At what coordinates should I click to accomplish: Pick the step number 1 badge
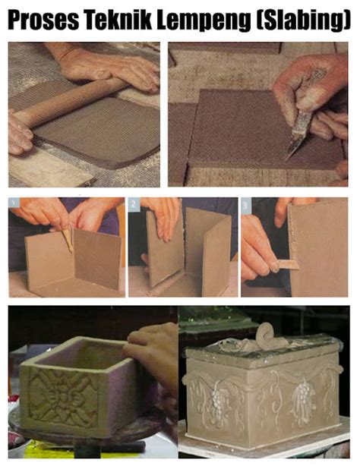14,204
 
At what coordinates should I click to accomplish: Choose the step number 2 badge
134,204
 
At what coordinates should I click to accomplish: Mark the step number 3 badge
246,204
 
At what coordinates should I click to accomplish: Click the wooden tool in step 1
68,239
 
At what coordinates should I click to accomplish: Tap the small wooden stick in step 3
287,264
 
